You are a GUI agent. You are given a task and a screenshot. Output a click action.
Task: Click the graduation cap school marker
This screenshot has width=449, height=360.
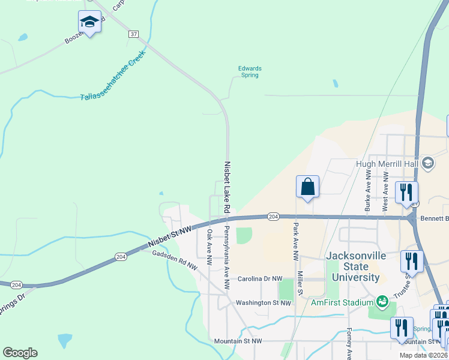(89, 23)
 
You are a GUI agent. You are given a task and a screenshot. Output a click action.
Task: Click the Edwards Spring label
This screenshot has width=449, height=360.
(249, 71)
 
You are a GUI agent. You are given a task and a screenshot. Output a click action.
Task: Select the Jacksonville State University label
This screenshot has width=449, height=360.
(352, 266)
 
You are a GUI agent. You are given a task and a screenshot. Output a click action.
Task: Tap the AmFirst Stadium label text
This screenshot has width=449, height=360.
(342, 302)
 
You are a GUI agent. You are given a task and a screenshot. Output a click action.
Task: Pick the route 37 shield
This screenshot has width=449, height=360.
(133, 34)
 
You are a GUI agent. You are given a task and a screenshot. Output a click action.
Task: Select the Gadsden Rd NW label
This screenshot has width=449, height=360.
(174, 259)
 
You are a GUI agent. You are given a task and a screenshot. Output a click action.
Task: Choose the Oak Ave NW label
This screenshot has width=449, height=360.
(209, 247)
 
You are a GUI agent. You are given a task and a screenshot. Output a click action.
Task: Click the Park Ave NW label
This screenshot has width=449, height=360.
(296, 241)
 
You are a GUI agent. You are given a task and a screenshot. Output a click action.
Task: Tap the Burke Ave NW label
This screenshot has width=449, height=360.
(367, 188)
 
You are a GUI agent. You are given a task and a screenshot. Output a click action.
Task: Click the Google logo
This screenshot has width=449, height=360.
(20, 353)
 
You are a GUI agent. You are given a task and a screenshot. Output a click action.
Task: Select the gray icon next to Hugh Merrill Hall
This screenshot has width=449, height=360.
(427, 163)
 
